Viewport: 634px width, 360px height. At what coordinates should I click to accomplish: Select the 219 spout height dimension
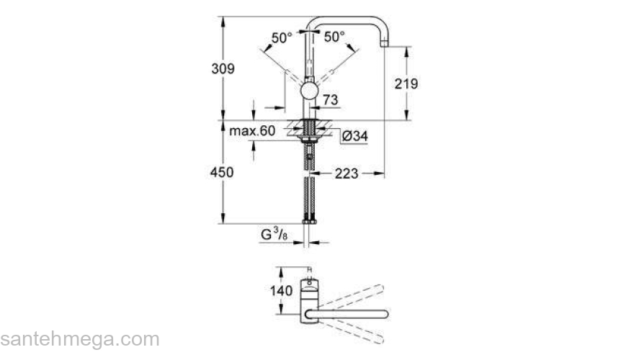point(406,84)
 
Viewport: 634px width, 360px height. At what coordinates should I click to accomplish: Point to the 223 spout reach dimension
point(347,173)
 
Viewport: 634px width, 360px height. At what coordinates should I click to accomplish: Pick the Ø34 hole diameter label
point(355,135)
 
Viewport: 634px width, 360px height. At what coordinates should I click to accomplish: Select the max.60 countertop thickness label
point(252,131)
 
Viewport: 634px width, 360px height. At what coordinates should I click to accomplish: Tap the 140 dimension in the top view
point(283,291)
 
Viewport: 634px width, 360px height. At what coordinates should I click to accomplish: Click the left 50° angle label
point(282,37)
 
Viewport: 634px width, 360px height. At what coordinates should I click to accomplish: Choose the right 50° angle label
point(334,36)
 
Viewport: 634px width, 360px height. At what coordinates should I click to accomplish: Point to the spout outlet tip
point(385,44)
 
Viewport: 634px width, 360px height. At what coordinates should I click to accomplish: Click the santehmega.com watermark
point(79,338)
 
